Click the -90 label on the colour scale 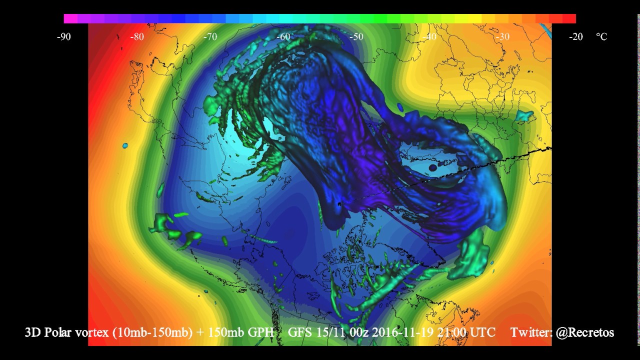point(63,36)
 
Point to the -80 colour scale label point(137,36)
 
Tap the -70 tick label point(210,36)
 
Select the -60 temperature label point(283,36)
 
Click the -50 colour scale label point(356,36)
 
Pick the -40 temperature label point(429,36)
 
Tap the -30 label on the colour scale point(502,36)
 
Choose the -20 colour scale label point(575,36)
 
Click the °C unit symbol point(601,36)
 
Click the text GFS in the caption point(298,332)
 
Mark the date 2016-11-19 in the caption point(395,332)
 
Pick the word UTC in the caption point(481,332)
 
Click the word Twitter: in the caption point(530,332)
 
